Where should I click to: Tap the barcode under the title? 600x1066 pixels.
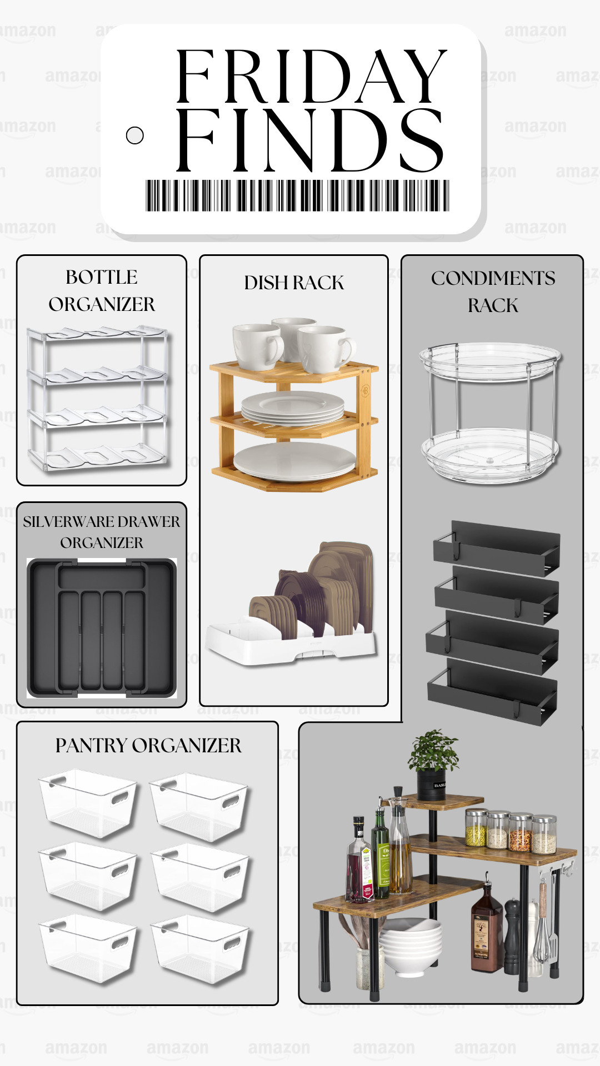pyautogui.click(x=297, y=195)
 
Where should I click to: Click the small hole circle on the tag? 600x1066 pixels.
pyautogui.click(x=135, y=135)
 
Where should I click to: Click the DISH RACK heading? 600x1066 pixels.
pyautogui.click(x=294, y=283)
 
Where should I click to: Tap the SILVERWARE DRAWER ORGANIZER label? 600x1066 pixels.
pyautogui.click(x=102, y=532)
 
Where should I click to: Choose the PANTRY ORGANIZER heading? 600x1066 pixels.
pyautogui.click(x=148, y=746)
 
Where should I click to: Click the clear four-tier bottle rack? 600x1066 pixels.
pyautogui.click(x=97, y=399)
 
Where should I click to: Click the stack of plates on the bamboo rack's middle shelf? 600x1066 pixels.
pyautogui.click(x=293, y=408)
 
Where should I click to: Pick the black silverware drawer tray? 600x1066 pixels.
pyautogui.click(x=102, y=627)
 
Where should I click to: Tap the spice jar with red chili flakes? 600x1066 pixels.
pyautogui.click(x=521, y=833)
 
